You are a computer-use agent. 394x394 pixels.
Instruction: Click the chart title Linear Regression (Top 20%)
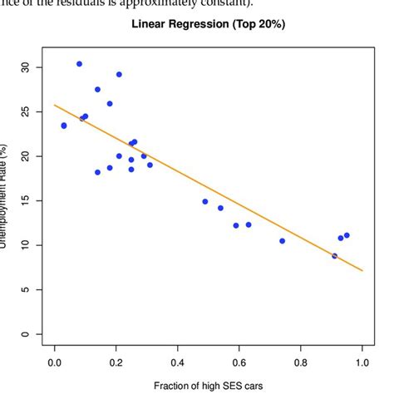209,24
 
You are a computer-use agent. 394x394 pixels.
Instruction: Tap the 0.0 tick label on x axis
55,363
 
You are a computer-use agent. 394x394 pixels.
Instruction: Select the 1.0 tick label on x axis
362,363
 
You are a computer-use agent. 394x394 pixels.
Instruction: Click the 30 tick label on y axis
25,66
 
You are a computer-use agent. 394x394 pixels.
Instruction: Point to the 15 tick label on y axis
25,200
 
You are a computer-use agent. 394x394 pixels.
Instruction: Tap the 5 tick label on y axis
25,290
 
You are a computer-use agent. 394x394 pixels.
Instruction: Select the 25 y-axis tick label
25,111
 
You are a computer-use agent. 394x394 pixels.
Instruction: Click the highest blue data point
80,64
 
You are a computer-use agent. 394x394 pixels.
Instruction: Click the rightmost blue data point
347,235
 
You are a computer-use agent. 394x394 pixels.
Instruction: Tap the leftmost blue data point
64,126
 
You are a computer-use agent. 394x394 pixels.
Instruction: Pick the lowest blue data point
335,256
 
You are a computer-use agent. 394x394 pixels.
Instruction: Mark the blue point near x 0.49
205,201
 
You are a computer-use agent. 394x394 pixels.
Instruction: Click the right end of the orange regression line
362,270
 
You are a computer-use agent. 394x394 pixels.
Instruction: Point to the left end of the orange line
55,105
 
